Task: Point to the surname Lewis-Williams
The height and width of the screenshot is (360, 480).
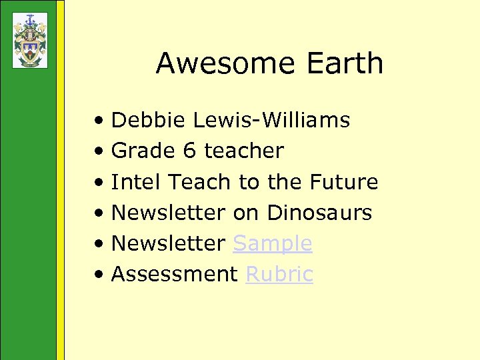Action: click(271, 121)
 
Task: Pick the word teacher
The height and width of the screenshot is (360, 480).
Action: click(243, 151)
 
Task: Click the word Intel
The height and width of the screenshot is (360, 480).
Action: click(136, 182)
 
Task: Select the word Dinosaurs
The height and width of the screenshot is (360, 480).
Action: click(319, 213)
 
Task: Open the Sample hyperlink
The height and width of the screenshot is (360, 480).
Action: click(272, 244)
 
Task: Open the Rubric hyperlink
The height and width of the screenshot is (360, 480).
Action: click(279, 275)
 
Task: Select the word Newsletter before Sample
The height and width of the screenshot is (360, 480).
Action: click(168, 244)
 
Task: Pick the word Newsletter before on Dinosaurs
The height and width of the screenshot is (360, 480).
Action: click(168, 213)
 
